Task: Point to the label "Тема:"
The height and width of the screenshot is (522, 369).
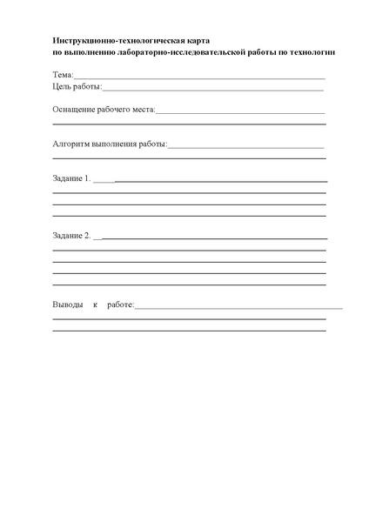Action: [x=63, y=77]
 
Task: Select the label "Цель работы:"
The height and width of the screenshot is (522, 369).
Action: [x=77, y=87]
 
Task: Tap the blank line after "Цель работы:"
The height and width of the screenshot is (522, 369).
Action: [x=213, y=90]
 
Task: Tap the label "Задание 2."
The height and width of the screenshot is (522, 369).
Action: [x=71, y=235]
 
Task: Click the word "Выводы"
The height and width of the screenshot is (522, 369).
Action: [x=69, y=305]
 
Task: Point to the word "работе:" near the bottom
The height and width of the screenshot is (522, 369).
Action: [x=120, y=305]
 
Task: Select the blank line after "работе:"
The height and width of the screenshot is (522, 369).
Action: [x=238, y=308]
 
